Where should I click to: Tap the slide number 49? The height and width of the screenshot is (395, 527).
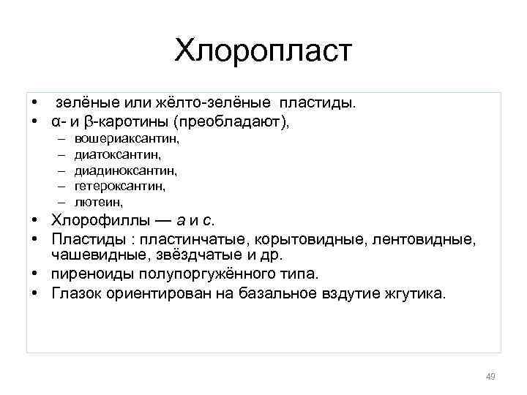tap(490, 377)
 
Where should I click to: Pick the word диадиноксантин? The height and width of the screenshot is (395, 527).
tap(125, 170)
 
